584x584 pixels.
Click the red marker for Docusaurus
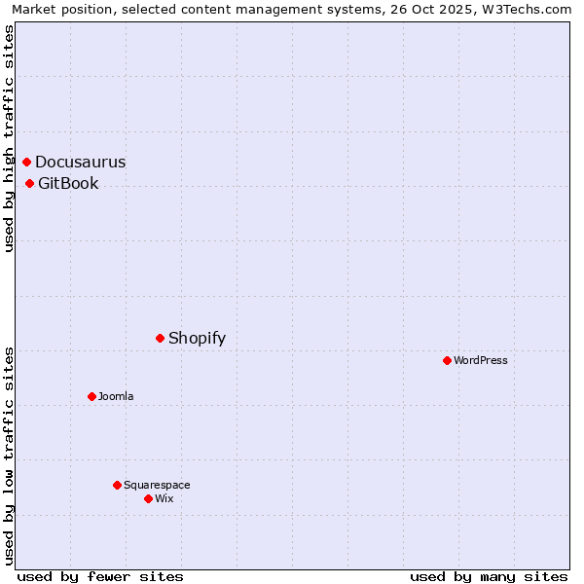[x=27, y=162]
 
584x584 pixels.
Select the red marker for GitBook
[x=30, y=183]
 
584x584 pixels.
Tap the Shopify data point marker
[x=161, y=338]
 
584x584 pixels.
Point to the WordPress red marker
[x=448, y=360]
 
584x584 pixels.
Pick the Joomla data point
[x=92, y=396]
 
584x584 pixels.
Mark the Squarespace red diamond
[x=118, y=485]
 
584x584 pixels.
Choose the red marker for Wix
[x=149, y=498]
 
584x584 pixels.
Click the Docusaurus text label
[x=81, y=163]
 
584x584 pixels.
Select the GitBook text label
[x=68, y=184]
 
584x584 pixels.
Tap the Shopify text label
[x=197, y=339]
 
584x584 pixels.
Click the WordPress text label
[x=481, y=361]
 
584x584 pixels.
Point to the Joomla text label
[x=116, y=397]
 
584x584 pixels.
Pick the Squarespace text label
[x=157, y=486]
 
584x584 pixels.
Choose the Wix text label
[x=164, y=499]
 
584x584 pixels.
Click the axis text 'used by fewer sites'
[x=100, y=576]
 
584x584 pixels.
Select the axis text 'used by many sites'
[x=489, y=576]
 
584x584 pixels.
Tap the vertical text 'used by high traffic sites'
[x=9, y=138]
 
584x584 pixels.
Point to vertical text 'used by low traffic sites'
[x=9, y=455]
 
